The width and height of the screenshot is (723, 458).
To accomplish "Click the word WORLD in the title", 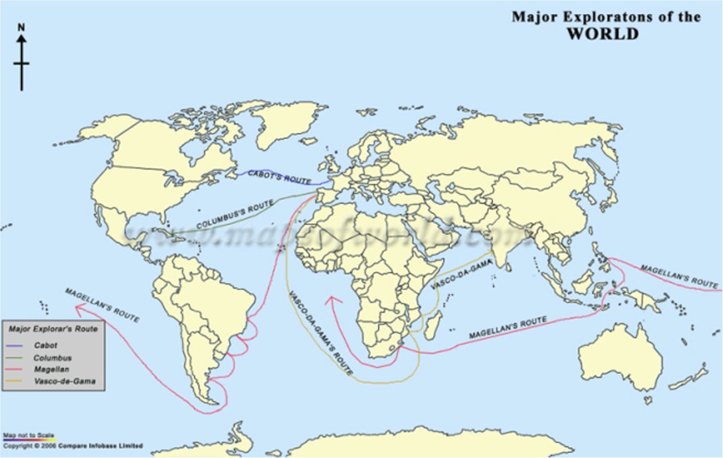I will point(602,35).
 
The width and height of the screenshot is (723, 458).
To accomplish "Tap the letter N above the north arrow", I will point(22,27).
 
